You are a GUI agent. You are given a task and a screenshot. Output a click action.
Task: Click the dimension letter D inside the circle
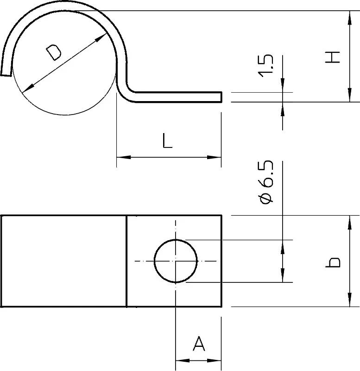click(54, 53)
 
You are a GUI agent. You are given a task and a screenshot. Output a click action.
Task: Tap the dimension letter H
click(333, 57)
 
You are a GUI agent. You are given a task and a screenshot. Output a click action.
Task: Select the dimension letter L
click(167, 141)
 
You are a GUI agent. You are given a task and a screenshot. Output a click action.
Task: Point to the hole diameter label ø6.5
click(266, 181)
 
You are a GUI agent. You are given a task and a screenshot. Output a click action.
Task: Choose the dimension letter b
click(333, 262)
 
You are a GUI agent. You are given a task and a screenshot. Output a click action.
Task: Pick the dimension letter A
click(199, 343)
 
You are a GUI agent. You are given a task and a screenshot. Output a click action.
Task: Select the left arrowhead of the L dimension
click(124, 157)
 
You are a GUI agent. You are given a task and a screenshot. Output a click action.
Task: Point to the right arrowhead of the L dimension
click(214, 157)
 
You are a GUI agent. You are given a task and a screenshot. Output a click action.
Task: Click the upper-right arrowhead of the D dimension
click(101, 38)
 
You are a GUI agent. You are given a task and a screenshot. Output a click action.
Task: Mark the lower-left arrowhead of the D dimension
click(28, 88)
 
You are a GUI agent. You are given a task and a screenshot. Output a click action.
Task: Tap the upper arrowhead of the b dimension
click(350, 223)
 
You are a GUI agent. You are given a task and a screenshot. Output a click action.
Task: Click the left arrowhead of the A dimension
click(183, 361)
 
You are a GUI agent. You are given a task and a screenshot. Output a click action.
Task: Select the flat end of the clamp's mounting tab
click(221, 97)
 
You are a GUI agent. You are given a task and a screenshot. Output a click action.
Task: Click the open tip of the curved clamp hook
click(6, 75)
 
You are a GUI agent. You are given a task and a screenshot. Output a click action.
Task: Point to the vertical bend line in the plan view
click(126, 261)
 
